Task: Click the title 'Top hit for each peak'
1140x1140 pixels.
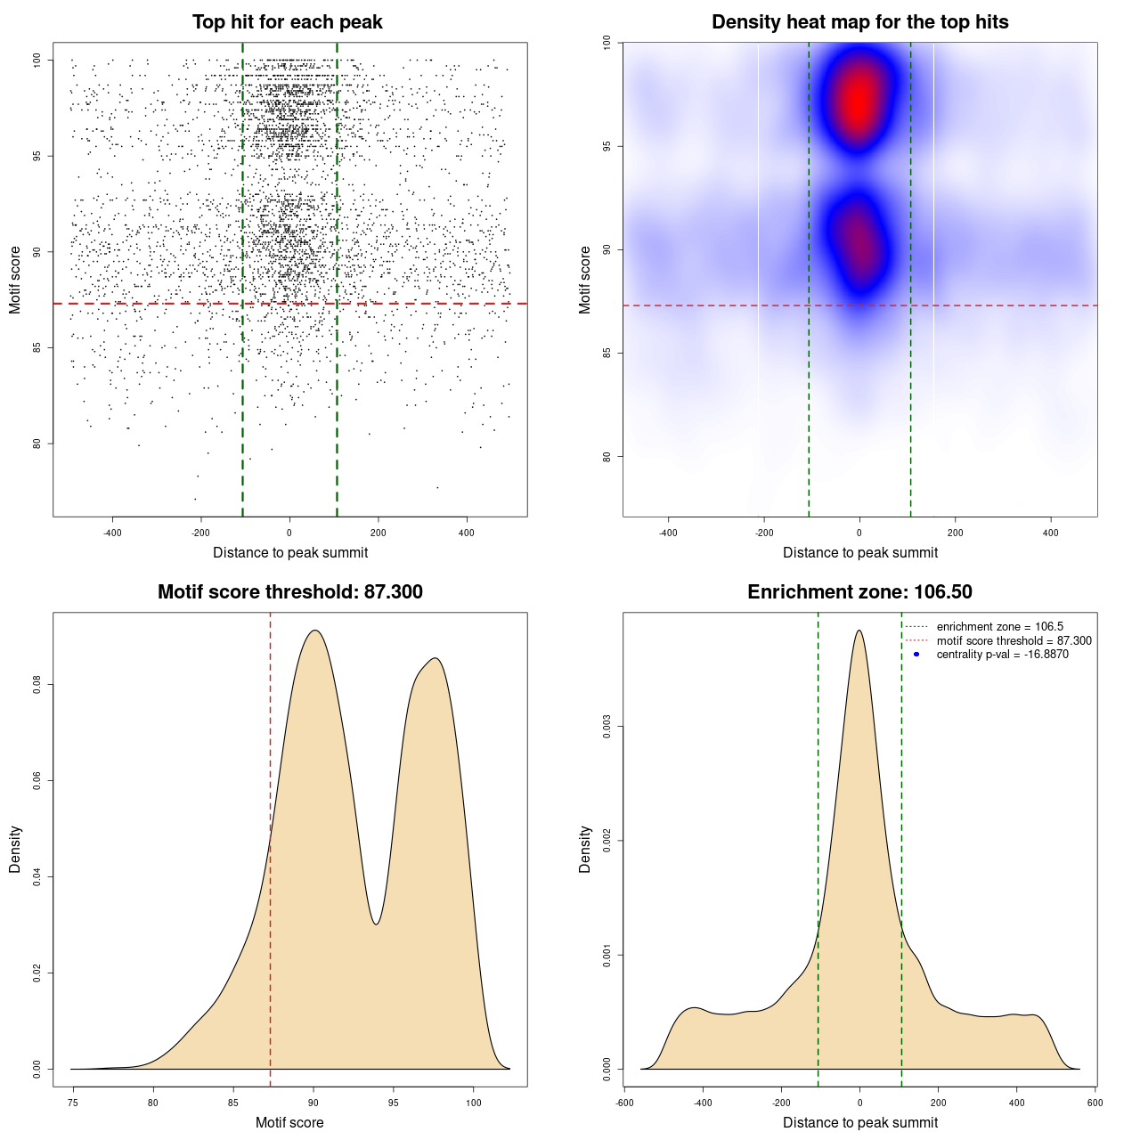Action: (x=287, y=22)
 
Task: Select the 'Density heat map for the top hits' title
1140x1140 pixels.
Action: (x=859, y=22)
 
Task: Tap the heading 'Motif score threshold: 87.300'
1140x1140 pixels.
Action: (x=289, y=592)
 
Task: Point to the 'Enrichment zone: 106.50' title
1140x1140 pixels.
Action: (x=859, y=592)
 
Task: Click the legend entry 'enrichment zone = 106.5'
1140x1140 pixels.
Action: (x=999, y=627)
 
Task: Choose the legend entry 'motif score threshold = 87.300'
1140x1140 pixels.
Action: (x=1014, y=640)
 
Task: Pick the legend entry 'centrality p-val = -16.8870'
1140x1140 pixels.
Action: (x=1002, y=655)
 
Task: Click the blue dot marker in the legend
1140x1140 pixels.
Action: (x=916, y=655)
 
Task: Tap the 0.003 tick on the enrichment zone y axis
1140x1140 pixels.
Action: (x=607, y=727)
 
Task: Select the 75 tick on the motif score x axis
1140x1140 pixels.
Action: (x=73, y=1103)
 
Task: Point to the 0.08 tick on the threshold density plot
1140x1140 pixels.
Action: (x=37, y=685)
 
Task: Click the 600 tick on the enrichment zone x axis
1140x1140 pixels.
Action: (x=1095, y=1103)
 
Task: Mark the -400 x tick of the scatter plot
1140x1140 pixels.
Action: (x=112, y=533)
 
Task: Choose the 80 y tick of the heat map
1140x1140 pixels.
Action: (x=607, y=457)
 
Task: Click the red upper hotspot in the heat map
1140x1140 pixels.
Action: (x=858, y=100)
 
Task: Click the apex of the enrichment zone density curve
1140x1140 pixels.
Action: (x=859, y=631)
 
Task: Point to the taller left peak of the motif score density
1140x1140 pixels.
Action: (x=313, y=631)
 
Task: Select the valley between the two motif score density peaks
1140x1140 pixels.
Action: (x=377, y=924)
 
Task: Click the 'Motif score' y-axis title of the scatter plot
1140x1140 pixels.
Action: (x=15, y=281)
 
